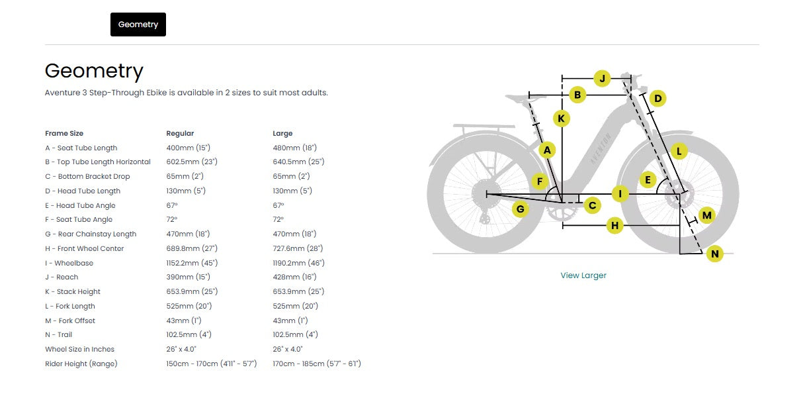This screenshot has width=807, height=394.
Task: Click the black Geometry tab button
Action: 138,25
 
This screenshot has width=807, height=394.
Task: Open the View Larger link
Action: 583,275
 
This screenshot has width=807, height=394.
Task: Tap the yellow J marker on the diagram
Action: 602,78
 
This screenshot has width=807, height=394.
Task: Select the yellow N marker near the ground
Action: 715,254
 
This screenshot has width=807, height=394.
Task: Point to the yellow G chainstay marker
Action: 520,209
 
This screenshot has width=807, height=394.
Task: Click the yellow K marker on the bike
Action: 562,119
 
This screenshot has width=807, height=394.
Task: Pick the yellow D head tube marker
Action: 658,99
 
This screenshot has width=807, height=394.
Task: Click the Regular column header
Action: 180,134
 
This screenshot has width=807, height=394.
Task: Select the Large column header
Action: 282,134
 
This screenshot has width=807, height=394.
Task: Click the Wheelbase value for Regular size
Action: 192,263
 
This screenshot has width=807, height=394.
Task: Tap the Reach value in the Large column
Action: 294,277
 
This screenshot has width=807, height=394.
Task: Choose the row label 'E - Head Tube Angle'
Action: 80,206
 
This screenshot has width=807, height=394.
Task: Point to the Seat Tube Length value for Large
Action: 295,148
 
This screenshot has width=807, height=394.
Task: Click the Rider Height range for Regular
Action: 212,364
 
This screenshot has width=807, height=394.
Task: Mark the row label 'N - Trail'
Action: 58,335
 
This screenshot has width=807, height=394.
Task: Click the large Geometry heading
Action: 94,71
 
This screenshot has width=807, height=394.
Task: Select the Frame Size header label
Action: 64,134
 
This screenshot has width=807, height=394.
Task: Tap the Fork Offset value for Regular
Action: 184,320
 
